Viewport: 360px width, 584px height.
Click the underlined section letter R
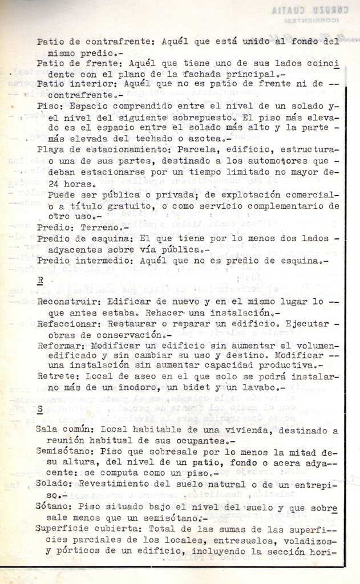[x=40, y=280]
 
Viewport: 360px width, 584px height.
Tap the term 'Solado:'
[x=55, y=484]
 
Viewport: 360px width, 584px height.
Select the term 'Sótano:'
[x=55, y=506]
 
